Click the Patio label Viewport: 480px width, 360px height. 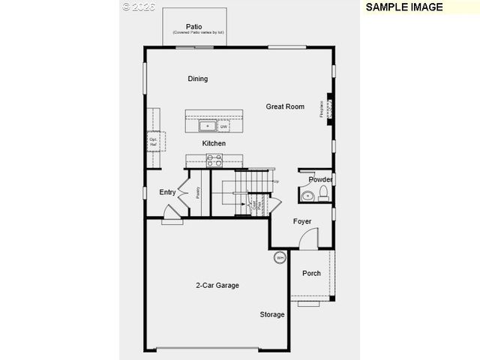[194, 26]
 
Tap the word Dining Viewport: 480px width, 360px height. [198, 79]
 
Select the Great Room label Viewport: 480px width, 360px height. [285, 106]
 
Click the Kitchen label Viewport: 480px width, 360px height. [214, 143]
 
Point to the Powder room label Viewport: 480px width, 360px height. [320, 180]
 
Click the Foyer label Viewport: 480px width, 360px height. [302, 221]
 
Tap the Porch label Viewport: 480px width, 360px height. [311, 273]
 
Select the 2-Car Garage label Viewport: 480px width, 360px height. [217, 285]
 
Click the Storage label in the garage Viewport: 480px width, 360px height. [272, 314]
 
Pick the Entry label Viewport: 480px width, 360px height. [167, 193]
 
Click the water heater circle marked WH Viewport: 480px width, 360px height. [280, 258]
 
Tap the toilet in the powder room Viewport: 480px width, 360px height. [323, 195]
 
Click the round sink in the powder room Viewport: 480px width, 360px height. [305, 196]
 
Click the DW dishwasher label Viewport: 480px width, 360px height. [223, 126]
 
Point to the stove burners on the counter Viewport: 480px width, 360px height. [214, 160]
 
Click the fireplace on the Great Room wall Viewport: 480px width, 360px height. [328, 109]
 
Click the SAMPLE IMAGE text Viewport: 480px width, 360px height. [404, 7]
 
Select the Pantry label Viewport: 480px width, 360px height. [198, 192]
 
